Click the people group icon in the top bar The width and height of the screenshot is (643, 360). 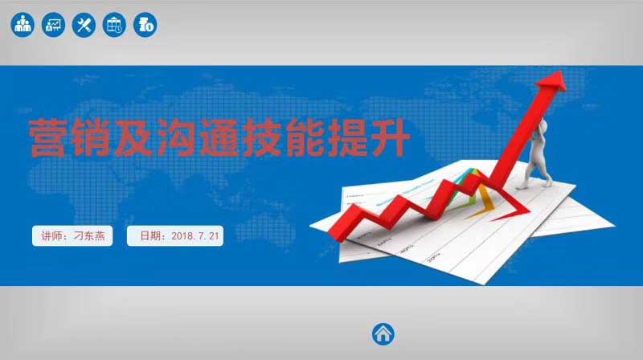pos(23,25)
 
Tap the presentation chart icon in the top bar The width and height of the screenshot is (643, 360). pos(53,25)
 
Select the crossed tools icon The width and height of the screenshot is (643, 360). pos(84,25)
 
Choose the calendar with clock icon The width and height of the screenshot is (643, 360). pos(114,25)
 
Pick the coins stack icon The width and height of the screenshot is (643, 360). pos(145,25)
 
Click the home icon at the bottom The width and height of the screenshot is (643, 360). pos(383,333)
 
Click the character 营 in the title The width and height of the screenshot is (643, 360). pos(47,137)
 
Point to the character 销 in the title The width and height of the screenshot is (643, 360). pos(90,137)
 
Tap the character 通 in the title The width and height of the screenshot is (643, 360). pos(219,137)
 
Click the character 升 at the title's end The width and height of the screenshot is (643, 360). pos(391,137)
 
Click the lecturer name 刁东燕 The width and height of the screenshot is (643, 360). pos(89,235)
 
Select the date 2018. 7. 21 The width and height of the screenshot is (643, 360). pos(195,235)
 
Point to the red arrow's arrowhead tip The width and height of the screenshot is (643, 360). pos(560,72)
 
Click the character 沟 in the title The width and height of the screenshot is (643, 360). pos(176,137)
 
